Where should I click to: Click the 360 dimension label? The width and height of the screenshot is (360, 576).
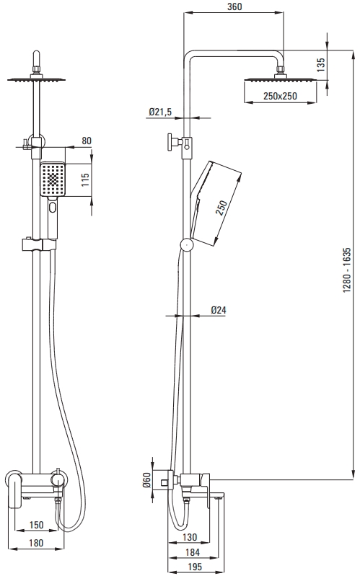click(234, 7)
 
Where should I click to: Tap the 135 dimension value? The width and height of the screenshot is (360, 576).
click(320, 65)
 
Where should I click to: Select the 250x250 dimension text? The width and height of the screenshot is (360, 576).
click(280, 97)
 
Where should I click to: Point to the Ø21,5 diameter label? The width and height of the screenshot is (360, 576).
click(160, 112)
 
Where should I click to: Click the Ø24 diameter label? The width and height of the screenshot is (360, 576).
click(219, 310)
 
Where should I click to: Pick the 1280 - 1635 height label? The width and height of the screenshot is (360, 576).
click(347, 270)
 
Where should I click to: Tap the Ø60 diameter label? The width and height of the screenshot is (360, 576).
click(146, 479)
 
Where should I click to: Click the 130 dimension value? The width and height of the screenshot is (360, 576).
click(190, 537)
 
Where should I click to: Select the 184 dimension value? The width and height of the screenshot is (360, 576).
click(193, 551)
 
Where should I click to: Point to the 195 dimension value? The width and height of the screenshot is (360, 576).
click(195, 567)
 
